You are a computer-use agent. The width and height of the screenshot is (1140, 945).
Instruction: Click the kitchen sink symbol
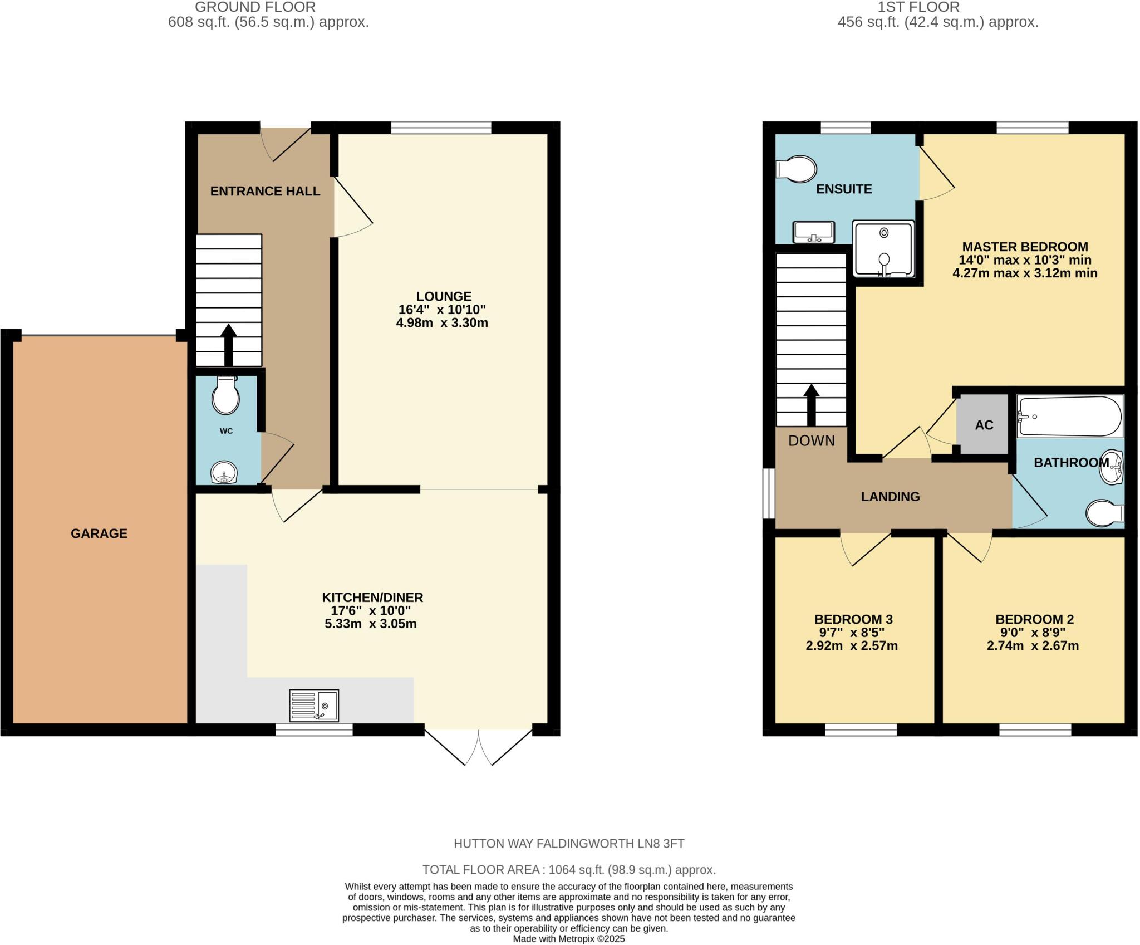pos(314,705)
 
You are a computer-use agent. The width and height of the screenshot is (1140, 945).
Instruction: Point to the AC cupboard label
pos(984,425)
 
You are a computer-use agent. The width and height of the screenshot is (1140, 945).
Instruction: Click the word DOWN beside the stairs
pos(812,441)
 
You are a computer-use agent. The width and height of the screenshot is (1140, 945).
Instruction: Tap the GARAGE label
pos(99,533)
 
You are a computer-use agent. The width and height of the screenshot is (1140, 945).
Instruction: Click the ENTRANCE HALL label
pos(265,191)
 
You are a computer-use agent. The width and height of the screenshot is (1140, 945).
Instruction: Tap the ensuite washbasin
pos(814,232)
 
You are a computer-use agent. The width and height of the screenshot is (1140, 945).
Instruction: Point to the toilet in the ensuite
pos(798,169)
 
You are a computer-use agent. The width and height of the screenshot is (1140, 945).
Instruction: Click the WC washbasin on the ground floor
pos(224,473)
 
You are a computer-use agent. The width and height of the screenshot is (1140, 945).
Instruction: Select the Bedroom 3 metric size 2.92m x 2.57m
pos(852,646)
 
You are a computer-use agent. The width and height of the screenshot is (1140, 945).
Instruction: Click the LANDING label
pos(890,497)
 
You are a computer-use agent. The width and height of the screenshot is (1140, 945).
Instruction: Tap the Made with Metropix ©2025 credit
pos(569,939)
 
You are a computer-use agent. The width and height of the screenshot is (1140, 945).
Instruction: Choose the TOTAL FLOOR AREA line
pos(569,870)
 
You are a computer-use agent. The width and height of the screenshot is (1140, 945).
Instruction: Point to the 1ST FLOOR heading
pos(937,7)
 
